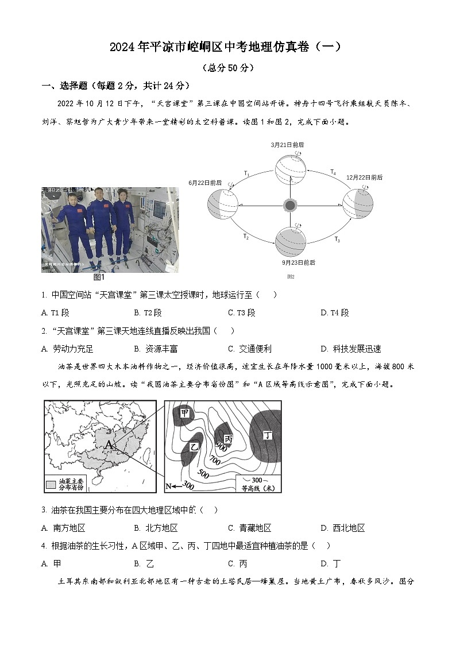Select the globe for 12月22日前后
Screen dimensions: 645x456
358,204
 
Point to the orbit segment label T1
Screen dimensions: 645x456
246,173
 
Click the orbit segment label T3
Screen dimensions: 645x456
337,240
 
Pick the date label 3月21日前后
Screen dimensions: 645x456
287,145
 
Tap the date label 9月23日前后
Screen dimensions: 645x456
298,262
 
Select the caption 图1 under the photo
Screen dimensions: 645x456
99,277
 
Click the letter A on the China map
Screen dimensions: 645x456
109,444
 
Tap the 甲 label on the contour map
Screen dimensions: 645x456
185,413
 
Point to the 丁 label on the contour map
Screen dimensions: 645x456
267,435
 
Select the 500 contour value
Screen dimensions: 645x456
203,473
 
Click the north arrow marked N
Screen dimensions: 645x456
172,486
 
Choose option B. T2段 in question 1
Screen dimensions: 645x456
148,313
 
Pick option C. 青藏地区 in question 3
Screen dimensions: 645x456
249,528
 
